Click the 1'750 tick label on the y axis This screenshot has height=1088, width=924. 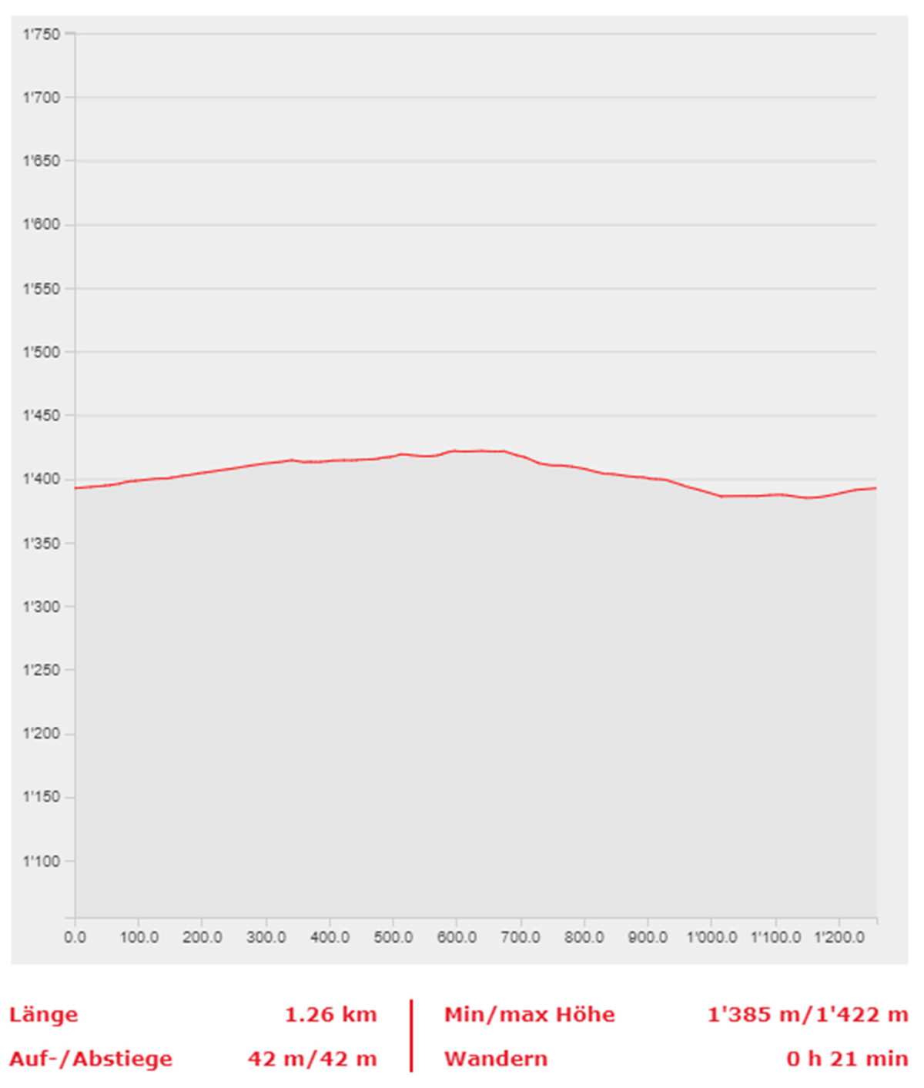[41, 35]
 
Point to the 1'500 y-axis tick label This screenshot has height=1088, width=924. [41, 353]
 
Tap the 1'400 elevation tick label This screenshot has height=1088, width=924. [41, 480]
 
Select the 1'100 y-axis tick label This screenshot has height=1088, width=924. [41, 862]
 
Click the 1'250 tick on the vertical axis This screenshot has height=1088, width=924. [41, 671]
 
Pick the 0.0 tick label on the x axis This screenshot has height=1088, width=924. [75, 938]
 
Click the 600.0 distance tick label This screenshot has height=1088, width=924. [457, 938]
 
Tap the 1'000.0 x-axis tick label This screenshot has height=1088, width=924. [711, 938]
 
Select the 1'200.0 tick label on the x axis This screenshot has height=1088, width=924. [839, 938]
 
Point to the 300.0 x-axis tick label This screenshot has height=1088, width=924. [266, 938]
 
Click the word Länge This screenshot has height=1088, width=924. [43, 1015]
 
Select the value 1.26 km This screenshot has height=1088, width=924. [331, 1015]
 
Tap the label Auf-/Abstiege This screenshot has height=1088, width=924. [91, 1059]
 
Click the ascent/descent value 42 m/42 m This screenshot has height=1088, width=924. [312, 1059]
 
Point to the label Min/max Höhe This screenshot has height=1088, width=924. [530, 1015]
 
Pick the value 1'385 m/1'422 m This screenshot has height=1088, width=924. [808, 1015]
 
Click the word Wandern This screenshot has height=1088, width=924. [495, 1059]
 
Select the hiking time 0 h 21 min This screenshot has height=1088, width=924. [847, 1059]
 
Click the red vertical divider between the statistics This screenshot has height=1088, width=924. [411, 1036]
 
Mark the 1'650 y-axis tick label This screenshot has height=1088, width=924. [41, 162]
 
